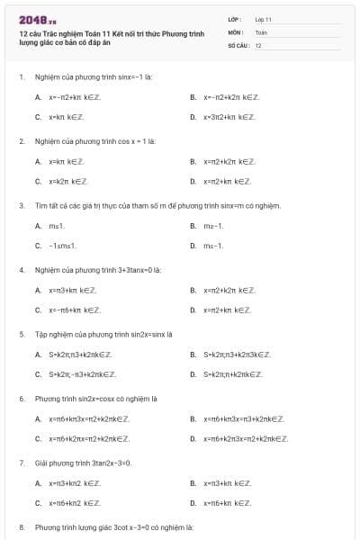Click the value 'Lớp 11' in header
pyautogui.click(x=264, y=19)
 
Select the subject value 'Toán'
pyautogui.click(x=261, y=31)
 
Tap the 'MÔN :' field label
pyautogui.click(x=236, y=31)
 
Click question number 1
pyautogui.click(x=22, y=77)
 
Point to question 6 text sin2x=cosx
pyautogui.click(x=95, y=398)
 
